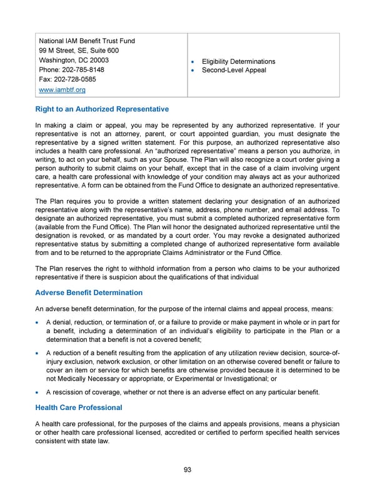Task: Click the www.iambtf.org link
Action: (62, 90)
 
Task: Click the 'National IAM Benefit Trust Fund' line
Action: (87, 41)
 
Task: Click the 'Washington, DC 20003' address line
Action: (74, 61)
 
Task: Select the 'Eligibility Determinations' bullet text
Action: (238, 61)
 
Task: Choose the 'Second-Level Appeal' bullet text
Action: (234, 70)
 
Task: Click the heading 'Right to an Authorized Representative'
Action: (102, 109)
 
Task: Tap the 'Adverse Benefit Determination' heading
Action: (89, 292)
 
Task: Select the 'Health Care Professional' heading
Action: (79, 407)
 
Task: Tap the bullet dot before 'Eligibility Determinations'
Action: (195, 61)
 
